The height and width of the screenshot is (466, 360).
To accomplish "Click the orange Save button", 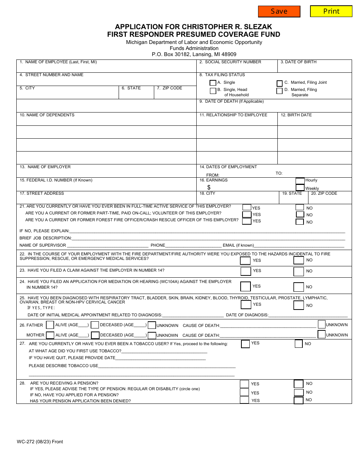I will click(x=279, y=11).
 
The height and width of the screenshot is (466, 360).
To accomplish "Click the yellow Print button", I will click(x=331, y=11).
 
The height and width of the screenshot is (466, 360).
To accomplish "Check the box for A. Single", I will click(x=213, y=83).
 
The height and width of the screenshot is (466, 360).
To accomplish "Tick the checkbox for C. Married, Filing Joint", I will click(x=280, y=83).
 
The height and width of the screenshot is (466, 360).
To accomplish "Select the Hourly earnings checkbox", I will click(x=300, y=181).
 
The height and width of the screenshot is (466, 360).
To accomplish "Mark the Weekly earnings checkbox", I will click(x=300, y=188).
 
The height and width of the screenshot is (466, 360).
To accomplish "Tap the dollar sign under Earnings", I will click(x=209, y=187).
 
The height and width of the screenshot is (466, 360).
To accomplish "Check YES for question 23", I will click(x=246, y=271).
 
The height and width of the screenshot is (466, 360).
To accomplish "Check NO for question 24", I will click(x=299, y=287).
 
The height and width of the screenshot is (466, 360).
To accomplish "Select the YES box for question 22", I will click(x=245, y=260).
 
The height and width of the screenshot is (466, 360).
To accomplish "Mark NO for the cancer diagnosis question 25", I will click(x=299, y=305).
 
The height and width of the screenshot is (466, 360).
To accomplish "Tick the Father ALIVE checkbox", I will click(x=50, y=325).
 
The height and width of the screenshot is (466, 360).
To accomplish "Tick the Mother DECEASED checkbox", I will click(x=95, y=335).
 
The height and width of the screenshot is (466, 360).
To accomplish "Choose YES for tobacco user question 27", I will click(x=246, y=344).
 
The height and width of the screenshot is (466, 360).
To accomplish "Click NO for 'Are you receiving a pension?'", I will click(x=299, y=384).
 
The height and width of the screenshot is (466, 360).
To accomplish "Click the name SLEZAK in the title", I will click(x=258, y=27).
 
